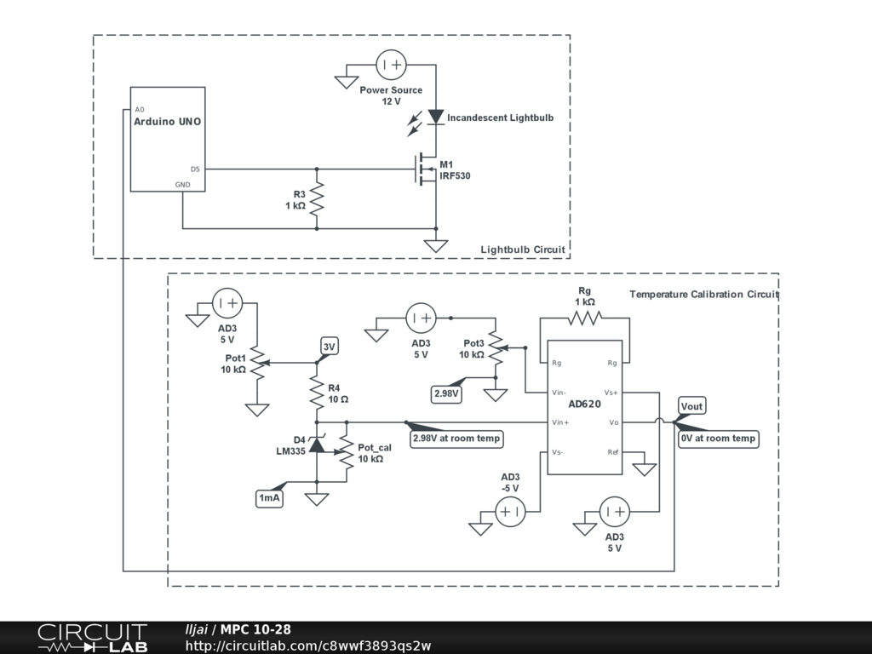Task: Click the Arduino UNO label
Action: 168,122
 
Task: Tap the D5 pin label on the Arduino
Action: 195,169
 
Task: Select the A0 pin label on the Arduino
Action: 140,110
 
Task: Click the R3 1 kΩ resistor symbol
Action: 318,198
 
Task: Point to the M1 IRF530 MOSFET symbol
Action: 425,169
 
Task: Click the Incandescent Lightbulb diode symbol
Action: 436,117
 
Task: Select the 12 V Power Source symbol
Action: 392,65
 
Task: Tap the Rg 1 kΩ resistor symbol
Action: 585,318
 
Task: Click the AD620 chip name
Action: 584,404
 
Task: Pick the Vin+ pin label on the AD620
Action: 560,422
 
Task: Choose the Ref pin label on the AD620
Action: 612,451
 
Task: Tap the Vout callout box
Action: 691,406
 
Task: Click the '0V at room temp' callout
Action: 718,439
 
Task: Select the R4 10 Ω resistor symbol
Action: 318,393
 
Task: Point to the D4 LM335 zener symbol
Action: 318,445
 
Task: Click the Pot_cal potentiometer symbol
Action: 347,452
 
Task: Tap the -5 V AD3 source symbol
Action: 511,512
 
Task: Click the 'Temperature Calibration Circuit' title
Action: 704,295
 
